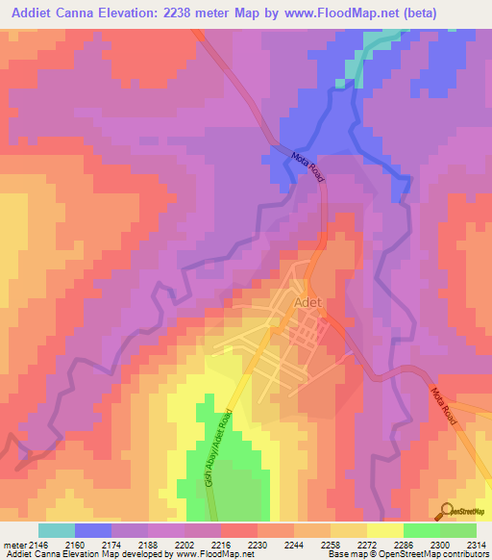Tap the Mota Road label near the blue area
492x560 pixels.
click(x=307, y=165)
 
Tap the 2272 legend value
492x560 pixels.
click(x=366, y=544)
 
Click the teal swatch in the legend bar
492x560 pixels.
click(x=57, y=530)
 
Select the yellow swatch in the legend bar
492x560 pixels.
click(x=384, y=530)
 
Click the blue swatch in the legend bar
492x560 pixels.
click(x=93, y=530)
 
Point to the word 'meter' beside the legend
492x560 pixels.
click(x=13, y=544)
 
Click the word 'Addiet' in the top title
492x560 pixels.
click(x=28, y=13)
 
